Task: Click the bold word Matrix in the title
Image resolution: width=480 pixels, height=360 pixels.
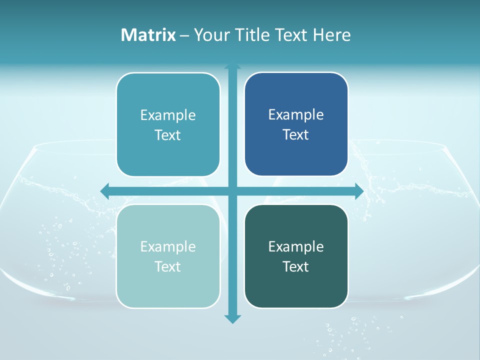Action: coord(148,35)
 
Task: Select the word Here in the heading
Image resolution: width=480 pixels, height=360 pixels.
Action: coord(331,35)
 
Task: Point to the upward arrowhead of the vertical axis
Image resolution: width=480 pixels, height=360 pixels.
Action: coord(232,66)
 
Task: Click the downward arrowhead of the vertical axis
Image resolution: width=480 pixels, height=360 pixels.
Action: coord(232,318)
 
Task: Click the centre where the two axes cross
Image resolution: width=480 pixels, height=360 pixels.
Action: coord(232,190)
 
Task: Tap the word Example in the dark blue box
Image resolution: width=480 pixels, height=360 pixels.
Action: coord(296,115)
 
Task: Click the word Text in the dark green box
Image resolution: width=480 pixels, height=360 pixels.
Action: coord(296,266)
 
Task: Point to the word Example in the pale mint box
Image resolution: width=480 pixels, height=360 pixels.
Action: coord(168,246)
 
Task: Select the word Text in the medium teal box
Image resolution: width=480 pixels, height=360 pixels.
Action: coord(168,135)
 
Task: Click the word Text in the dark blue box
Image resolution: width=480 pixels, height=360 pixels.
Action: coord(296,134)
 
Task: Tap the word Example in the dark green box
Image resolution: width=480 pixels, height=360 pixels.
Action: coord(296,246)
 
